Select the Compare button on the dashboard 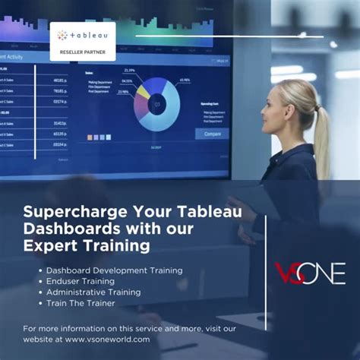point(212,134)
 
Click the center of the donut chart point(157,104)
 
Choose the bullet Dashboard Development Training point(114,270)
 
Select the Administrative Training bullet point(93,292)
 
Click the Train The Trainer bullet point(81,303)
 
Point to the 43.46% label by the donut point(185,81)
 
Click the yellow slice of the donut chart point(142,91)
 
